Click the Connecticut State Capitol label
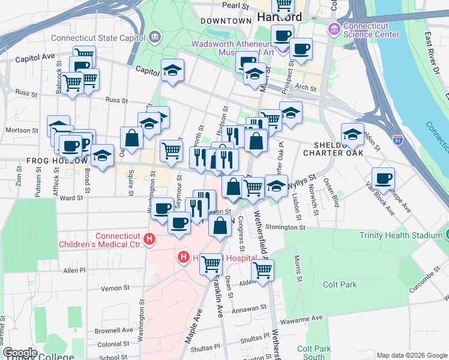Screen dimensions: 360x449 point(99,37)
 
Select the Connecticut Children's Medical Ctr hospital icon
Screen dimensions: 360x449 point(150,241)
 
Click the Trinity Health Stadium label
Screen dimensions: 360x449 point(400,235)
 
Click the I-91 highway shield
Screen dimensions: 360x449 point(398,139)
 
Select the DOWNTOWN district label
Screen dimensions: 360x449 point(226,21)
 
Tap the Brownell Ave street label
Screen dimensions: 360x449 point(113,330)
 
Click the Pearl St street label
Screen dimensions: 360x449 point(235,5)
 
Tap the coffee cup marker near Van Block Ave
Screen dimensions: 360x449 point(383,178)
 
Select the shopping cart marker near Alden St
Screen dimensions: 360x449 point(262,270)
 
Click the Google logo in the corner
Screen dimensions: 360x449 point(20,353)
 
